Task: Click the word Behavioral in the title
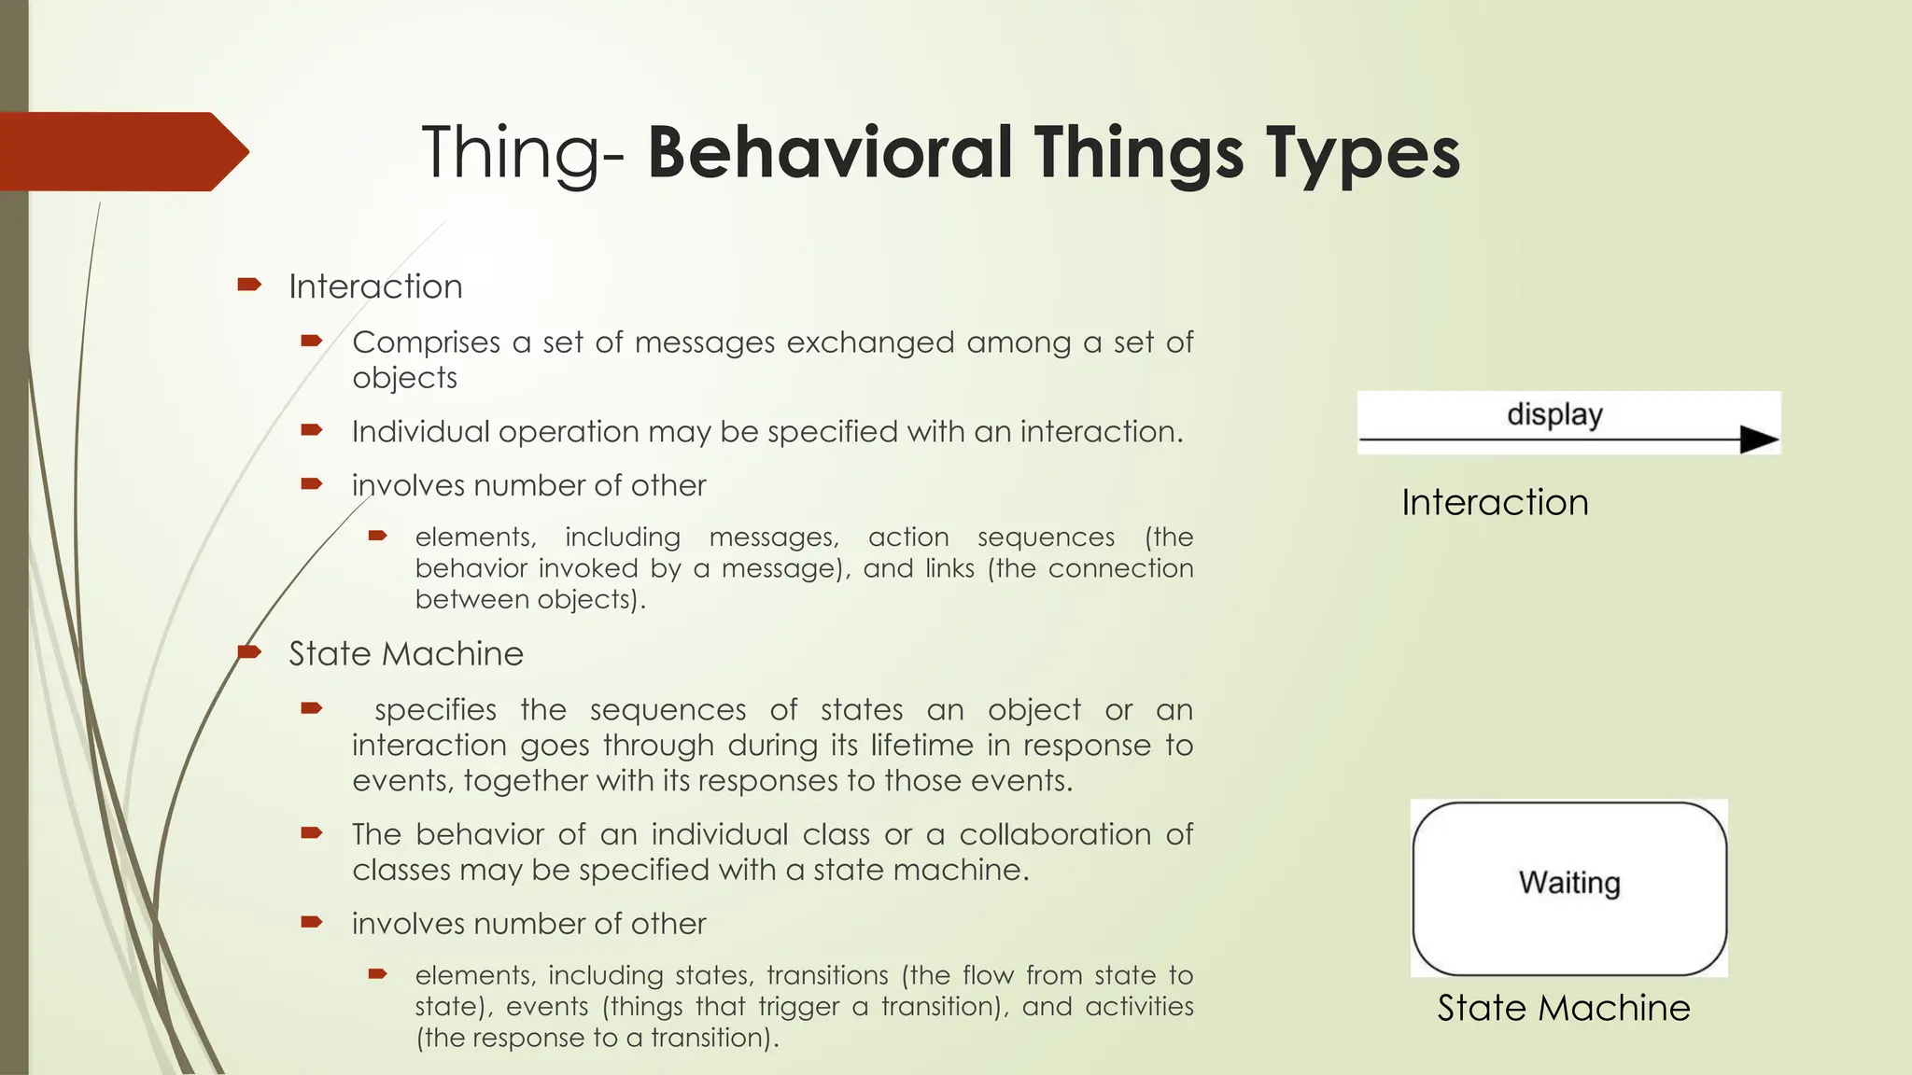tap(831, 153)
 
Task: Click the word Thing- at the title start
tap(523, 153)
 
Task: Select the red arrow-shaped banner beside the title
tap(121, 151)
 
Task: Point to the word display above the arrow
tap(1554, 413)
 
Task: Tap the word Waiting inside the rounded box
tap(1568, 882)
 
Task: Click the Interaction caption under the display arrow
tap(1494, 502)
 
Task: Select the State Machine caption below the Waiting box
tap(1563, 1008)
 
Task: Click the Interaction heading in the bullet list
tap(375, 286)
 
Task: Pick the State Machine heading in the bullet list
tap(405, 654)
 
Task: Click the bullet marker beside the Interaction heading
tap(249, 285)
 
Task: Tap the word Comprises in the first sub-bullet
tap(426, 342)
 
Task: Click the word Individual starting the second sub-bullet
tap(420, 432)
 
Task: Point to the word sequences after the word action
tap(1046, 537)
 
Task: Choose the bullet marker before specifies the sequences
tap(312, 709)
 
